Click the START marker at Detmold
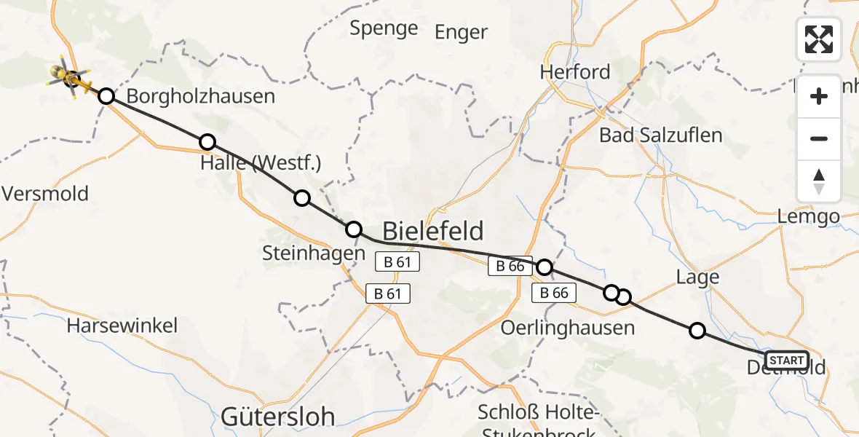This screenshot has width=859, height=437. (x=787, y=360)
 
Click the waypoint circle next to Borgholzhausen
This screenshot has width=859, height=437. (x=106, y=96)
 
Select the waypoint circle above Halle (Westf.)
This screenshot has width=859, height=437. (x=207, y=142)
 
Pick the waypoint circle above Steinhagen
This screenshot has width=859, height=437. (x=353, y=229)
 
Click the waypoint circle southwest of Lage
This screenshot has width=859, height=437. (x=697, y=331)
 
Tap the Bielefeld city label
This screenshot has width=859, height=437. (x=432, y=232)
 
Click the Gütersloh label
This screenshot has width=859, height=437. (x=277, y=417)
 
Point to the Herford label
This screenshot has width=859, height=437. (x=575, y=72)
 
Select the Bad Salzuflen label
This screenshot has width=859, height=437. (x=660, y=135)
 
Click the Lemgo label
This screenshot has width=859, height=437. (x=808, y=216)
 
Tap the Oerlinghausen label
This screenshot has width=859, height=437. (x=567, y=328)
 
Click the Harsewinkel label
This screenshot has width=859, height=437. (x=122, y=325)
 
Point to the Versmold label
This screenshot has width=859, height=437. (x=45, y=194)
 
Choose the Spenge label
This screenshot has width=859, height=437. (x=384, y=28)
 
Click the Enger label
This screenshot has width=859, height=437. (x=461, y=32)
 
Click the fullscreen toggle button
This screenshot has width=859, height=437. (x=819, y=39)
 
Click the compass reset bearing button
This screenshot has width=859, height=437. (x=819, y=181)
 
